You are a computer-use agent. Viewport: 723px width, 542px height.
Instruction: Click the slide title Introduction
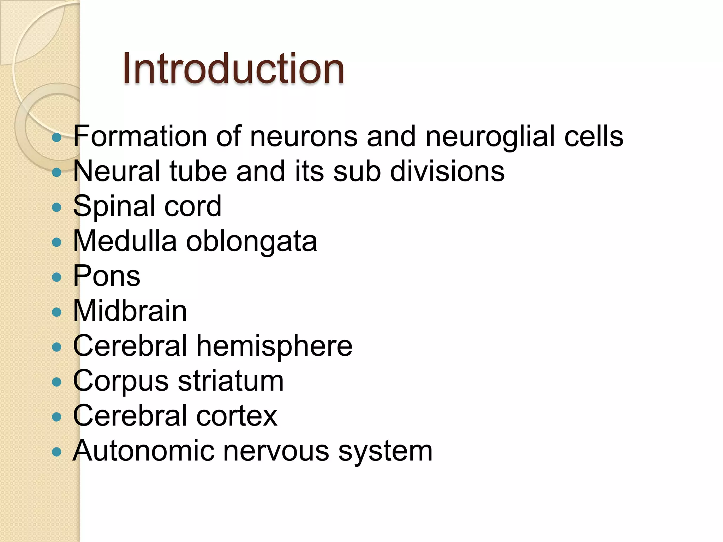(x=233, y=68)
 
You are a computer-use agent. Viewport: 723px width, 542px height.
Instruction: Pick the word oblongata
(x=251, y=242)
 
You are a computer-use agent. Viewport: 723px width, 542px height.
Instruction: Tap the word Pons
(x=107, y=276)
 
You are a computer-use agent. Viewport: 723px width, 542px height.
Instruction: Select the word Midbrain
(x=130, y=311)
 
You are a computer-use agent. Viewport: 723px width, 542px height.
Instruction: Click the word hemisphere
(x=274, y=346)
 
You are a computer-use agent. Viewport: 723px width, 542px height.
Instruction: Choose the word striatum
(x=231, y=381)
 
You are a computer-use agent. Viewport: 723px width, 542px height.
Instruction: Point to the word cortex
(x=237, y=416)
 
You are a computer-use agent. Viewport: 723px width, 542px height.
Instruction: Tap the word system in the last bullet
(x=385, y=451)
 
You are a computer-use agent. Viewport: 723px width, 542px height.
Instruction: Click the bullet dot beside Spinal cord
(x=56, y=207)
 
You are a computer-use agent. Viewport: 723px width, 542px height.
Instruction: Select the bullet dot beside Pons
(x=56, y=277)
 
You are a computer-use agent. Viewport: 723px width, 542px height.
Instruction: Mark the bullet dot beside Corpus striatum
(x=56, y=382)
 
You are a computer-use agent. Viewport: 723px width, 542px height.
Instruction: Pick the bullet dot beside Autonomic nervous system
(x=56, y=452)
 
